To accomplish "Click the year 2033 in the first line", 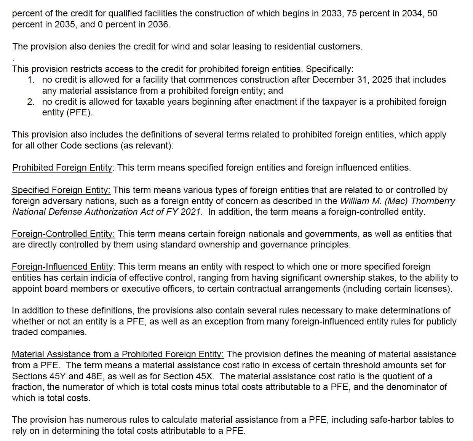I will (x=331, y=14).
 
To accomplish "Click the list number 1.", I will (x=31, y=80).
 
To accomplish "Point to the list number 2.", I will (x=31, y=102).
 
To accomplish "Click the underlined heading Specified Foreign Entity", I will (x=61, y=190).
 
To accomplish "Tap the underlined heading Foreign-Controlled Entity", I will (x=63, y=234).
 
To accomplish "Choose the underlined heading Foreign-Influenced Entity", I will (x=62, y=267).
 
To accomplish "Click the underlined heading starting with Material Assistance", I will (x=118, y=354).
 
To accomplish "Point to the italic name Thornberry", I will (x=433, y=201).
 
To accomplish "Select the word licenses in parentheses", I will (x=434, y=289).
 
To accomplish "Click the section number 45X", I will (x=204, y=376).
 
